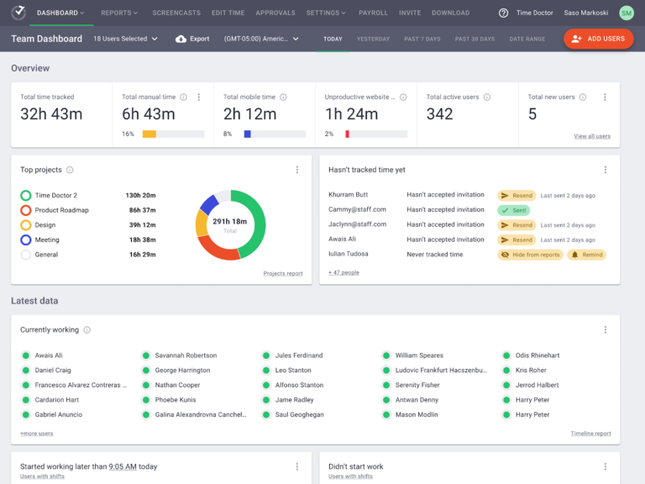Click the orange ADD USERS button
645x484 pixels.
click(599, 39)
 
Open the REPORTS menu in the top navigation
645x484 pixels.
click(119, 13)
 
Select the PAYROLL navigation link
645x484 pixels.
click(373, 13)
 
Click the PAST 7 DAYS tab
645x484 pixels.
click(422, 39)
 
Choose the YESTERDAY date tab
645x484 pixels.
click(373, 39)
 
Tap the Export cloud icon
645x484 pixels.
click(181, 39)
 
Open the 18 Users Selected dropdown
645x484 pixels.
click(125, 39)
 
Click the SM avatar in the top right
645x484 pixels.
click(627, 13)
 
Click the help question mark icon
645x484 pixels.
click(503, 13)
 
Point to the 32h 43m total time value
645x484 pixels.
click(51, 114)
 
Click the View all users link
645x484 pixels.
click(592, 136)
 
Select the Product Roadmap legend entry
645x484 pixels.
click(61, 210)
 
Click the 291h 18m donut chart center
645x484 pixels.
click(230, 224)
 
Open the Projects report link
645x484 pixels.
click(283, 273)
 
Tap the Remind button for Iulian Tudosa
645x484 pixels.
click(587, 255)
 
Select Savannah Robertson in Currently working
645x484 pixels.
click(186, 355)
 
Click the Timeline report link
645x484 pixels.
click(590, 434)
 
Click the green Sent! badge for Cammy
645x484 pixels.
click(513, 210)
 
